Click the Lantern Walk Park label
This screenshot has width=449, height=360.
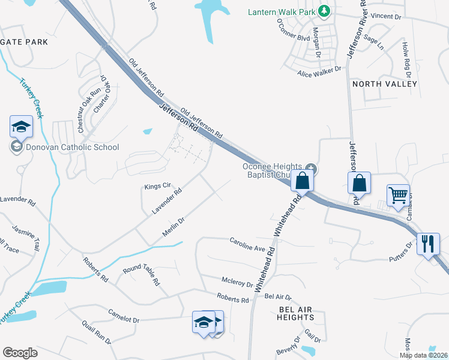[x=282, y=11]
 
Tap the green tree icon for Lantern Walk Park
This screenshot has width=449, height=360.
[x=324, y=11]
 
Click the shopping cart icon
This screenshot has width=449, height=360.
[x=397, y=195]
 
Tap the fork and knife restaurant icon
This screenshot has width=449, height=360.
[x=427, y=244]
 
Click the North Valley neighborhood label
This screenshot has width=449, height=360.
[x=385, y=84]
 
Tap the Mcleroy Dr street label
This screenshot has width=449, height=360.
[x=237, y=282]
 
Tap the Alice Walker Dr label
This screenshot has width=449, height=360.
[x=319, y=71]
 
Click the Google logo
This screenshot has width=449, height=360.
[x=20, y=352]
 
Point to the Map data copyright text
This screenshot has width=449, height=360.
[x=423, y=355]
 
